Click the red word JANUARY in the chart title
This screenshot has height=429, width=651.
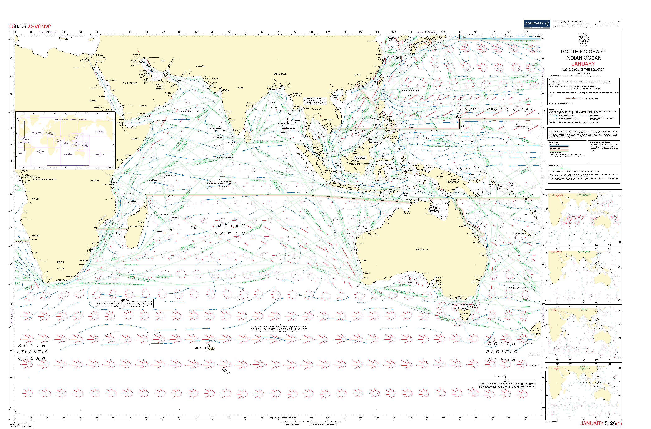583,64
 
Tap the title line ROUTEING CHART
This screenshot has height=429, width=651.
583,52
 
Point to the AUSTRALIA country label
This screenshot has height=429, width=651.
422,249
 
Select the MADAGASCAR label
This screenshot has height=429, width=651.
136,226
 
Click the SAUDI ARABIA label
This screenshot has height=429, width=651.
130,83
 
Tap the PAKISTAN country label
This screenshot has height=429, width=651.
201,66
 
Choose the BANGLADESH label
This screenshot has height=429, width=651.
280,74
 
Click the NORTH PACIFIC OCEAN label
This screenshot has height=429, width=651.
498,109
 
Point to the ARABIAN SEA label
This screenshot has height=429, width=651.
188,111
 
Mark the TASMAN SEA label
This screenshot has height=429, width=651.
517,288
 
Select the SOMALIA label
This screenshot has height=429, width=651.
136,139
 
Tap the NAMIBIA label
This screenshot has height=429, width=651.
35,235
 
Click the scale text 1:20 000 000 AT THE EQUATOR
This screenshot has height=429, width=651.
583,70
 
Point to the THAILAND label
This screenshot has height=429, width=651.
317,109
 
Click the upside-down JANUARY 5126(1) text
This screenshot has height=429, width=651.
30,26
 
